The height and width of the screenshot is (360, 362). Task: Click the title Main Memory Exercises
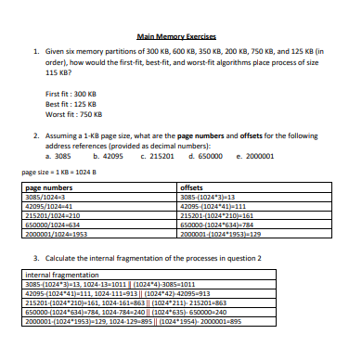click(x=182, y=36)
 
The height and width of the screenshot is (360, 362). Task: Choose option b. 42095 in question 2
click(x=109, y=156)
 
